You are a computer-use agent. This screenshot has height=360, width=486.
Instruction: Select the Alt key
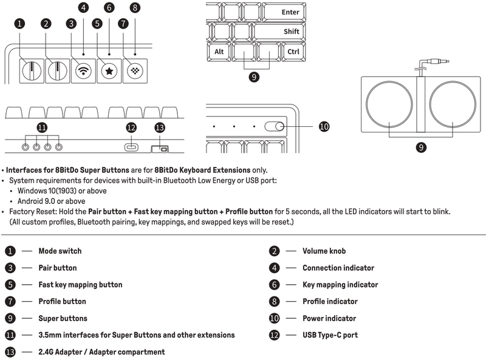pyautogui.click(x=219, y=52)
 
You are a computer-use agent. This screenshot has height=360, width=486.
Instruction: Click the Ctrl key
pyautogui.click(x=293, y=52)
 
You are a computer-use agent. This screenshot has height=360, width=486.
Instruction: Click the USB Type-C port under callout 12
pyautogui.click(x=131, y=147)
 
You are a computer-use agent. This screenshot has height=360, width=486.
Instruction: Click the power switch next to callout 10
pyautogui.click(x=275, y=126)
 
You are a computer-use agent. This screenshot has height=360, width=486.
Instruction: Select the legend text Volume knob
pyautogui.click(x=324, y=251)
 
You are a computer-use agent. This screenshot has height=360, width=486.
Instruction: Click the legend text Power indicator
pyautogui.click(x=329, y=318)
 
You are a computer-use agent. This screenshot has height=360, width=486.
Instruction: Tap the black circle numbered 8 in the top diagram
pyautogui.click(x=135, y=8)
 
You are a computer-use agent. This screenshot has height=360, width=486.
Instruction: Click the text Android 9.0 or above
pyautogui.click(x=52, y=201)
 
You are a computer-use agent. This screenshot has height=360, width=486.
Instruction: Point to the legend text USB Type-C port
pyautogui.click(x=330, y=335)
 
